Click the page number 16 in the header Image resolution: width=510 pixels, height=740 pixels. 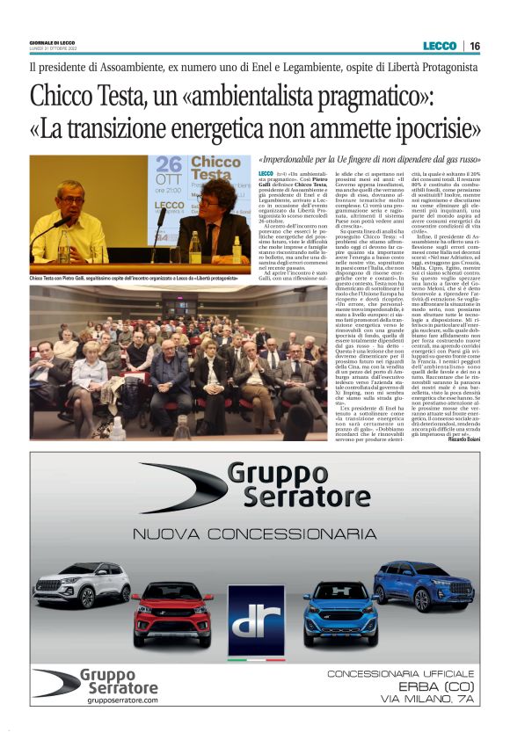(x=475, y=46)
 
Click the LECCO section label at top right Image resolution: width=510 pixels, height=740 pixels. (x=440, y=46)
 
